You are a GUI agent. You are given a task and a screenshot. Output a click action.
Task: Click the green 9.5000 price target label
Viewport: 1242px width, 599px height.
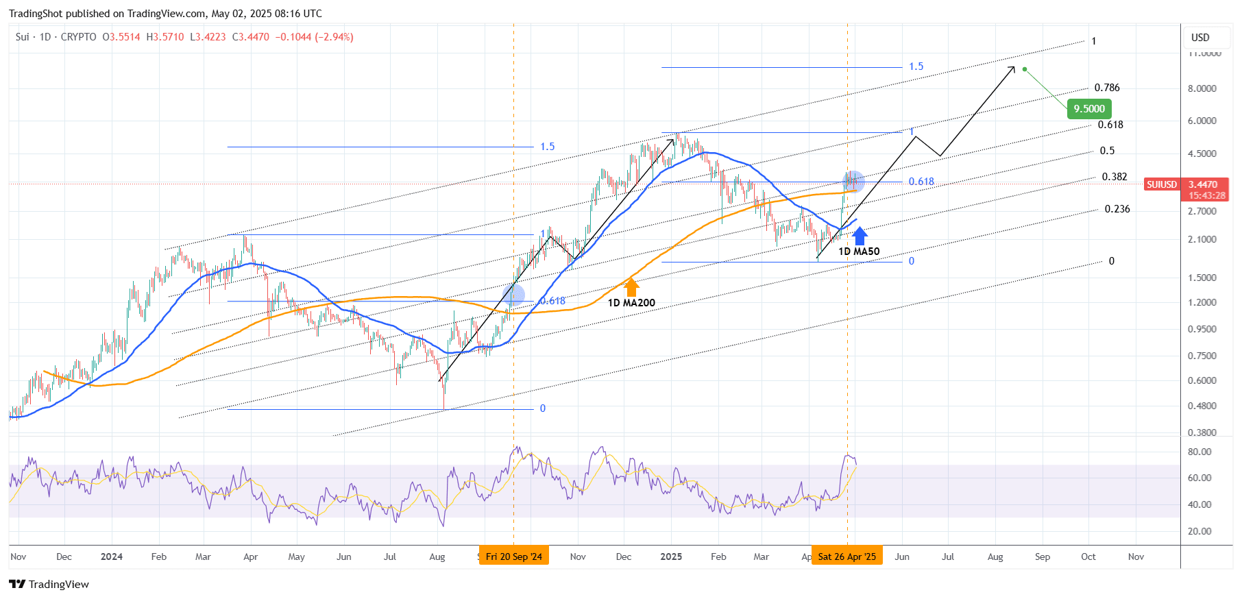coord(1089,108)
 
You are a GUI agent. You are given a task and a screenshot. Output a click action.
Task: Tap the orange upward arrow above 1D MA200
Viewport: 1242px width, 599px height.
coord(631,287)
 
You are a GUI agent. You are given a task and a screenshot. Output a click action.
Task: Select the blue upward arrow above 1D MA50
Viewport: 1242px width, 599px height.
coord(860,236)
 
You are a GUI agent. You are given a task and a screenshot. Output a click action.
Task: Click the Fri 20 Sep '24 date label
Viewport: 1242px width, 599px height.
coord(513,557)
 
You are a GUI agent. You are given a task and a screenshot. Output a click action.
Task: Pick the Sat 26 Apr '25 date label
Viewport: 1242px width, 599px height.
coord(847,557)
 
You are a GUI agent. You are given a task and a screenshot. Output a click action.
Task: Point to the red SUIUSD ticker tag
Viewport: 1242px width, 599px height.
coord(1162,184)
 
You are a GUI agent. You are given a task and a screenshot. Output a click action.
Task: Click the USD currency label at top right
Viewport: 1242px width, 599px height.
coord(1200,38)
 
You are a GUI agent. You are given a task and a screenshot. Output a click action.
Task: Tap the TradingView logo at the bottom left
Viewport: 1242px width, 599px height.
coord(49,584)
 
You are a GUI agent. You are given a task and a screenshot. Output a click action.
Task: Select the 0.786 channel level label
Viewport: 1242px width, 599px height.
coord(1107,88)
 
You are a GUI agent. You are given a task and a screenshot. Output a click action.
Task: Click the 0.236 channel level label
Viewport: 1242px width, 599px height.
coord(1117,209)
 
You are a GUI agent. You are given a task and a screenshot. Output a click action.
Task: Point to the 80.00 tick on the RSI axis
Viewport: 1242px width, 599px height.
coord(1200,452)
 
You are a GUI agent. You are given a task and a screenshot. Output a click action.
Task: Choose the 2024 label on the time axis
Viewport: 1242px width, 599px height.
coord(111,557)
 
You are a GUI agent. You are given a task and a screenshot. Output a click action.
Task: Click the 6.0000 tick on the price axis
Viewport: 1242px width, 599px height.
coord(1202,121)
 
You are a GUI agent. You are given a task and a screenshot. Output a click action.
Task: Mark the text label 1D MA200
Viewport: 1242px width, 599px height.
coord(631,303)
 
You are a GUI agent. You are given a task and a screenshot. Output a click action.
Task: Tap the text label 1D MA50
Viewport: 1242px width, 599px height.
coord(859,252)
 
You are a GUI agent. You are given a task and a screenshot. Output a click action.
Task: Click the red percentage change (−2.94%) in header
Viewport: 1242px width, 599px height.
coord(334,37)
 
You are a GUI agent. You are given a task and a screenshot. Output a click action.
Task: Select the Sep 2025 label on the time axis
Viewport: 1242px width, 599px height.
coord(1042,557)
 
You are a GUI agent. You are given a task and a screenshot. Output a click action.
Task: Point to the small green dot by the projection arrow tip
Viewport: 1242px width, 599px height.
coord(1025,69)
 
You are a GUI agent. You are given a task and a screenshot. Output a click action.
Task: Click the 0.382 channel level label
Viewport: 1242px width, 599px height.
coord(1115,177)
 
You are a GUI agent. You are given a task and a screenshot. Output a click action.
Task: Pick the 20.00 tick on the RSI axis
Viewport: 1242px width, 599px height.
coord(1200,531)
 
